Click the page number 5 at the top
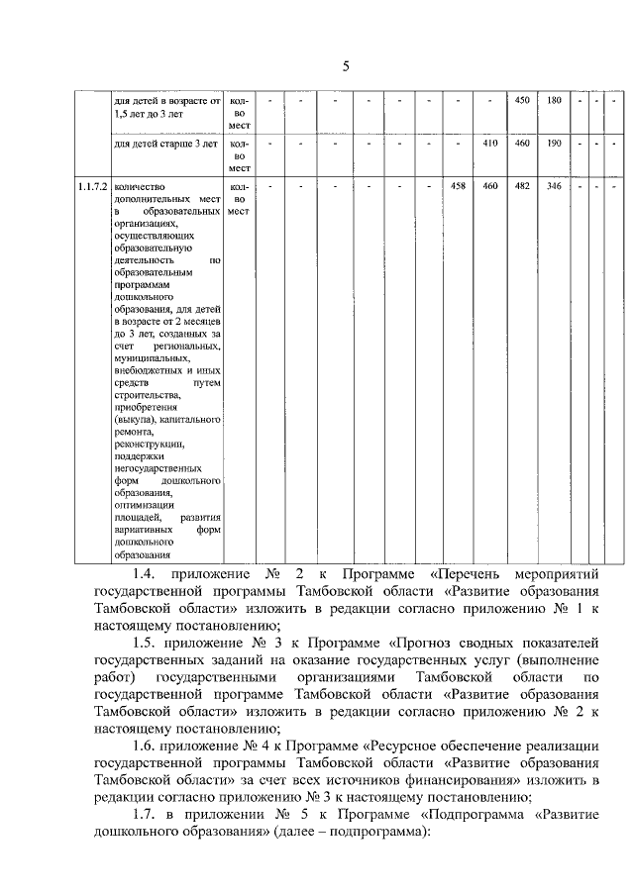point(346,67)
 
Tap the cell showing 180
point(555,101)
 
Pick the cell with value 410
point(488,144)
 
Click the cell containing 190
point(555,144)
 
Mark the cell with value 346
point(555,186)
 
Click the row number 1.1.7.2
point(93,186)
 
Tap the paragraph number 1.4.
point(145,575)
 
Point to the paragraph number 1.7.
point(145,813)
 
